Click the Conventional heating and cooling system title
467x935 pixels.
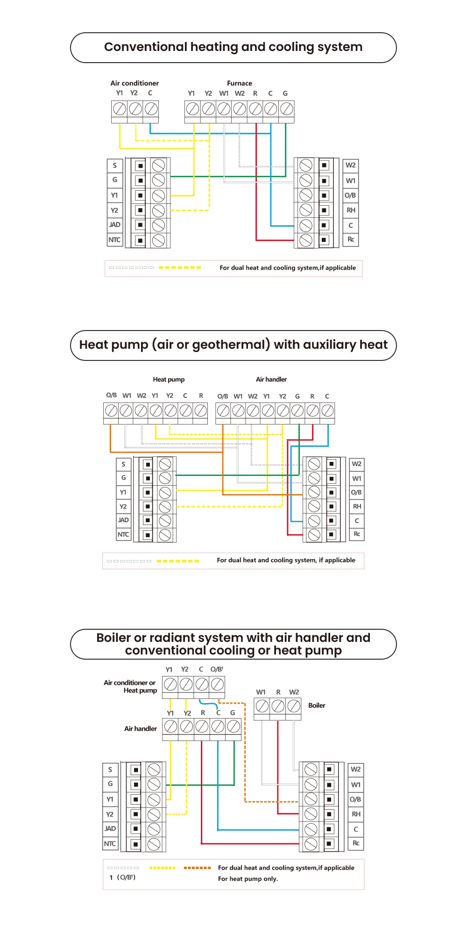pos(233,47)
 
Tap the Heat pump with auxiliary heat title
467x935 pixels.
pos(233,345)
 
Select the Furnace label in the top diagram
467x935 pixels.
pos(240,83)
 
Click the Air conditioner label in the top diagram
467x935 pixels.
pos(134,83)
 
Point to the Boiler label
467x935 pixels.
pos(317,705)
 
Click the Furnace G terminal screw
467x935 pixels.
pos(286,109)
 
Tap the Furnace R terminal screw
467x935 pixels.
pos(255,109)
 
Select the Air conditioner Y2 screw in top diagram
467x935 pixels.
pos(135,109)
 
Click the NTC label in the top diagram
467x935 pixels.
pos(114,240)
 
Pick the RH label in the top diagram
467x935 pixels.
pos(351,210)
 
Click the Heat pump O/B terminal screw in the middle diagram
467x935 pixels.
pos(111,411)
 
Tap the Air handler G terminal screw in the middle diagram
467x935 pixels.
pos(297,411)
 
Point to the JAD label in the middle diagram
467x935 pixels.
pos(123,520)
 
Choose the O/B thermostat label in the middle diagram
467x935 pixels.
pos(356,492)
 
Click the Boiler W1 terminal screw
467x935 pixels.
pos(262,706)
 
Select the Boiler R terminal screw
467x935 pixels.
pos(278,706)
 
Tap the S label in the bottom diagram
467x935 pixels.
pos(110,770)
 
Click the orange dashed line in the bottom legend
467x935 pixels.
pos(197,868)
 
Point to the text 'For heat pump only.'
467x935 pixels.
pos(248,879)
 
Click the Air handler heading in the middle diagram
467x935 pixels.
pos(271,380)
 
